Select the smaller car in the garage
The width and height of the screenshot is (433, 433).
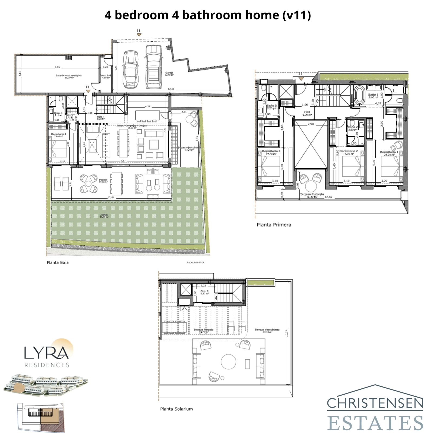(131, 69)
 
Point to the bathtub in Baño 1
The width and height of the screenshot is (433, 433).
(359, 95)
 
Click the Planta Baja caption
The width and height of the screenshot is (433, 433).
(58, 263)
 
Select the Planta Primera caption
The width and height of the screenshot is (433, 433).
(274, 225)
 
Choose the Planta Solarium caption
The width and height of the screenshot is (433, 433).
(176, 409)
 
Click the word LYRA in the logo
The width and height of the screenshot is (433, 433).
(46, 353)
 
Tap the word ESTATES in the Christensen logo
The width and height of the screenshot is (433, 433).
(375, 423)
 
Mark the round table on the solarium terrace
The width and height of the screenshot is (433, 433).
(228, 362)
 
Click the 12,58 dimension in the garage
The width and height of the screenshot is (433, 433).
(171, 89)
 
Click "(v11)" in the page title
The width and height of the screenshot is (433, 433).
(297, 15)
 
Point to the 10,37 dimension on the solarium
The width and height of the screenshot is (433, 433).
(287, 333)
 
